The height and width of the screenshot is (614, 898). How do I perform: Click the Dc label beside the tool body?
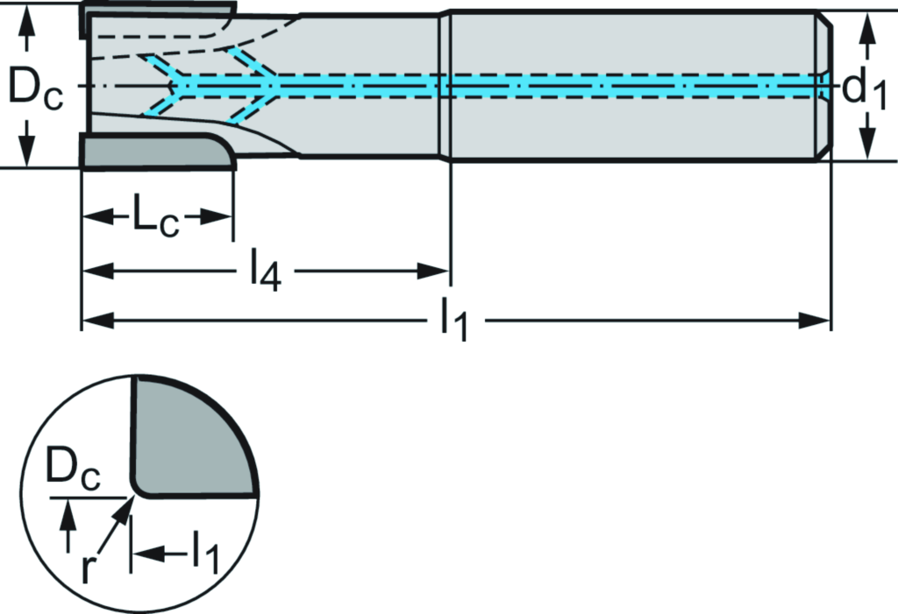coord(33,87)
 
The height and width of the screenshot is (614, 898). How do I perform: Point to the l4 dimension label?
coord(264,271)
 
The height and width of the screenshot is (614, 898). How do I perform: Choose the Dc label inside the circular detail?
coord(74,476)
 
